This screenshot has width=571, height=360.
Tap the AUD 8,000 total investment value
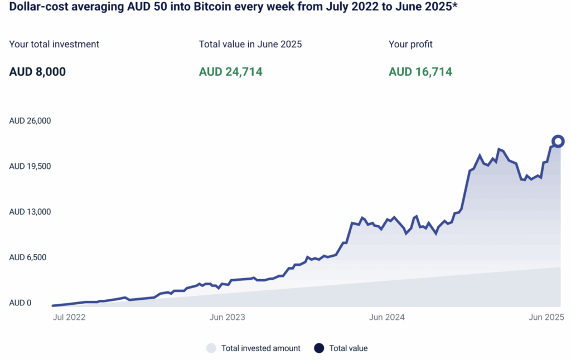(37, 71)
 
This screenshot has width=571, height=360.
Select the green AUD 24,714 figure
(231, 71)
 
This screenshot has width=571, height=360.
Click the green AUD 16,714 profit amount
(420, 71)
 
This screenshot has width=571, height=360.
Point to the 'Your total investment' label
(54, 44)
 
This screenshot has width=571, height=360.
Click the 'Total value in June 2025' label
(250, 44)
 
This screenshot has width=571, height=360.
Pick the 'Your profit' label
(410, 44)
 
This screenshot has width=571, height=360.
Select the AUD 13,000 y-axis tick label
(30, 212)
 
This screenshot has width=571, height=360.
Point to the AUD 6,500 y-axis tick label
(28, 257)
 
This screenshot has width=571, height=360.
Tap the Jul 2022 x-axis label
(69, 318)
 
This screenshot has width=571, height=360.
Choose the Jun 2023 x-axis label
(228, 318)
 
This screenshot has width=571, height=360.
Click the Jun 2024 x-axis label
(387, 318)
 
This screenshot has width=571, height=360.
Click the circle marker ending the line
(558, 141)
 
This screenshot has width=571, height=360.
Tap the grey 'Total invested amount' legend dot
(211, 348)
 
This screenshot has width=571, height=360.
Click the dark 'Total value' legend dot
(319, 348)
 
